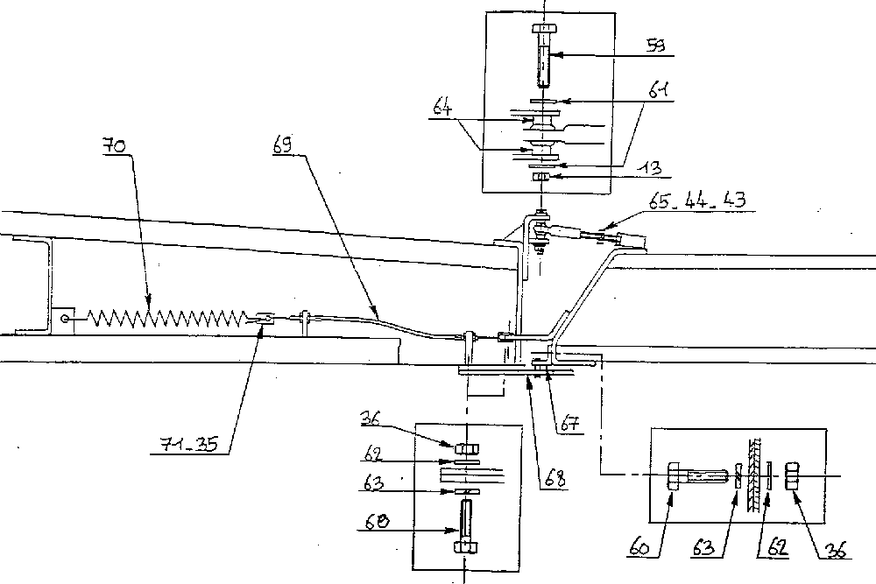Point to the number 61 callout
(x=661, y=89)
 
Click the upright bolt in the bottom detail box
(x=463, y=525)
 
